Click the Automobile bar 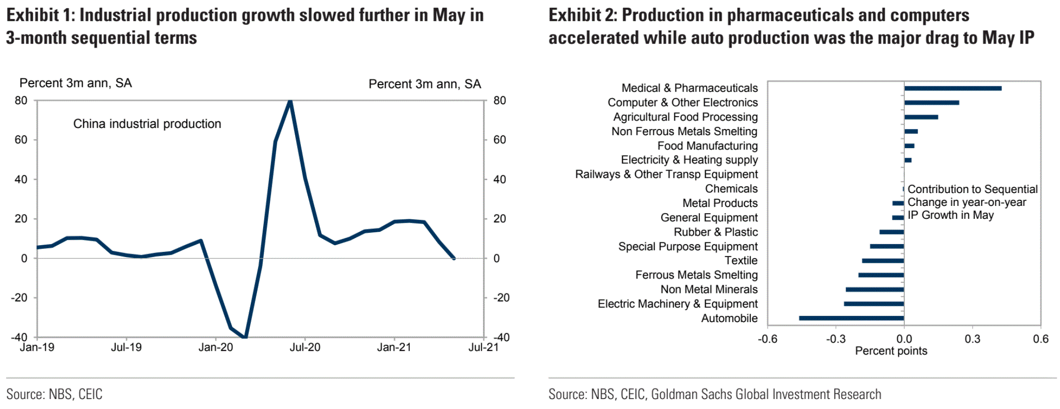tap(851, 318)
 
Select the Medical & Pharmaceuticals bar tap(953, 88)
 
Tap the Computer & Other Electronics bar tap(932, 103)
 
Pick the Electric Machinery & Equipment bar tap(874, 304)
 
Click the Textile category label tap(741, 260)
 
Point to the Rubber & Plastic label tap(716, 232)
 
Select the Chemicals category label tap(731, 189)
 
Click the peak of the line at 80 tap(290, 101)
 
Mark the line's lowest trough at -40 tap(246, 337)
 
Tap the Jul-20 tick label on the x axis tap(305, 347)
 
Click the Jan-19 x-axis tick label tap(37, 347)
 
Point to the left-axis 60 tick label tap(21, 140)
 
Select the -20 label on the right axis tap(501, 298)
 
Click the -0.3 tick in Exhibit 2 tap(835, 339)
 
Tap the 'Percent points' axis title tap(891, 351)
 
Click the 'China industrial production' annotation tap(147, 124)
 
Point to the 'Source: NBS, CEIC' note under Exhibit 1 tap(54, 394)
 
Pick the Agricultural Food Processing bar tap(921, 117)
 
